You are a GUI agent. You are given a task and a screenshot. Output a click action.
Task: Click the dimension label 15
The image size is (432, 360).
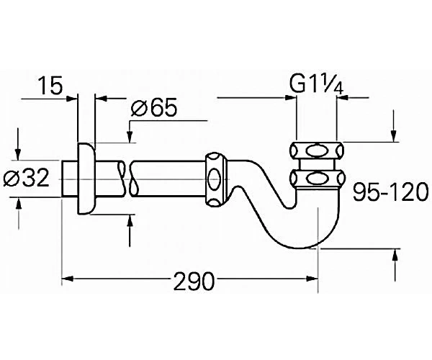coord(50,85)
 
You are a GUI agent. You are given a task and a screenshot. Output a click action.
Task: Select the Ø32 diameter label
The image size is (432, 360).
coord(27,178)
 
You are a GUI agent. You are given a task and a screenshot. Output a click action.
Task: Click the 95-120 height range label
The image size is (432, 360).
coord(391,192)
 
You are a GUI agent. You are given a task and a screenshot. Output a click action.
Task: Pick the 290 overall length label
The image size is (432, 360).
coord(194,282)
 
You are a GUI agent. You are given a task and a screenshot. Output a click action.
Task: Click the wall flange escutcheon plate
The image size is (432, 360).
coord(86,179)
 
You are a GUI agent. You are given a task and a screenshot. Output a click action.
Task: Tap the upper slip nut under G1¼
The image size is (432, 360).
coord(316,150)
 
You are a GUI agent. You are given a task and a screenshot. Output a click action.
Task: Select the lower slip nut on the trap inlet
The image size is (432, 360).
coord(316,179)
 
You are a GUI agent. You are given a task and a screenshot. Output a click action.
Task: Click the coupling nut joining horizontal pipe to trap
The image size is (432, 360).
coord(216,179)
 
